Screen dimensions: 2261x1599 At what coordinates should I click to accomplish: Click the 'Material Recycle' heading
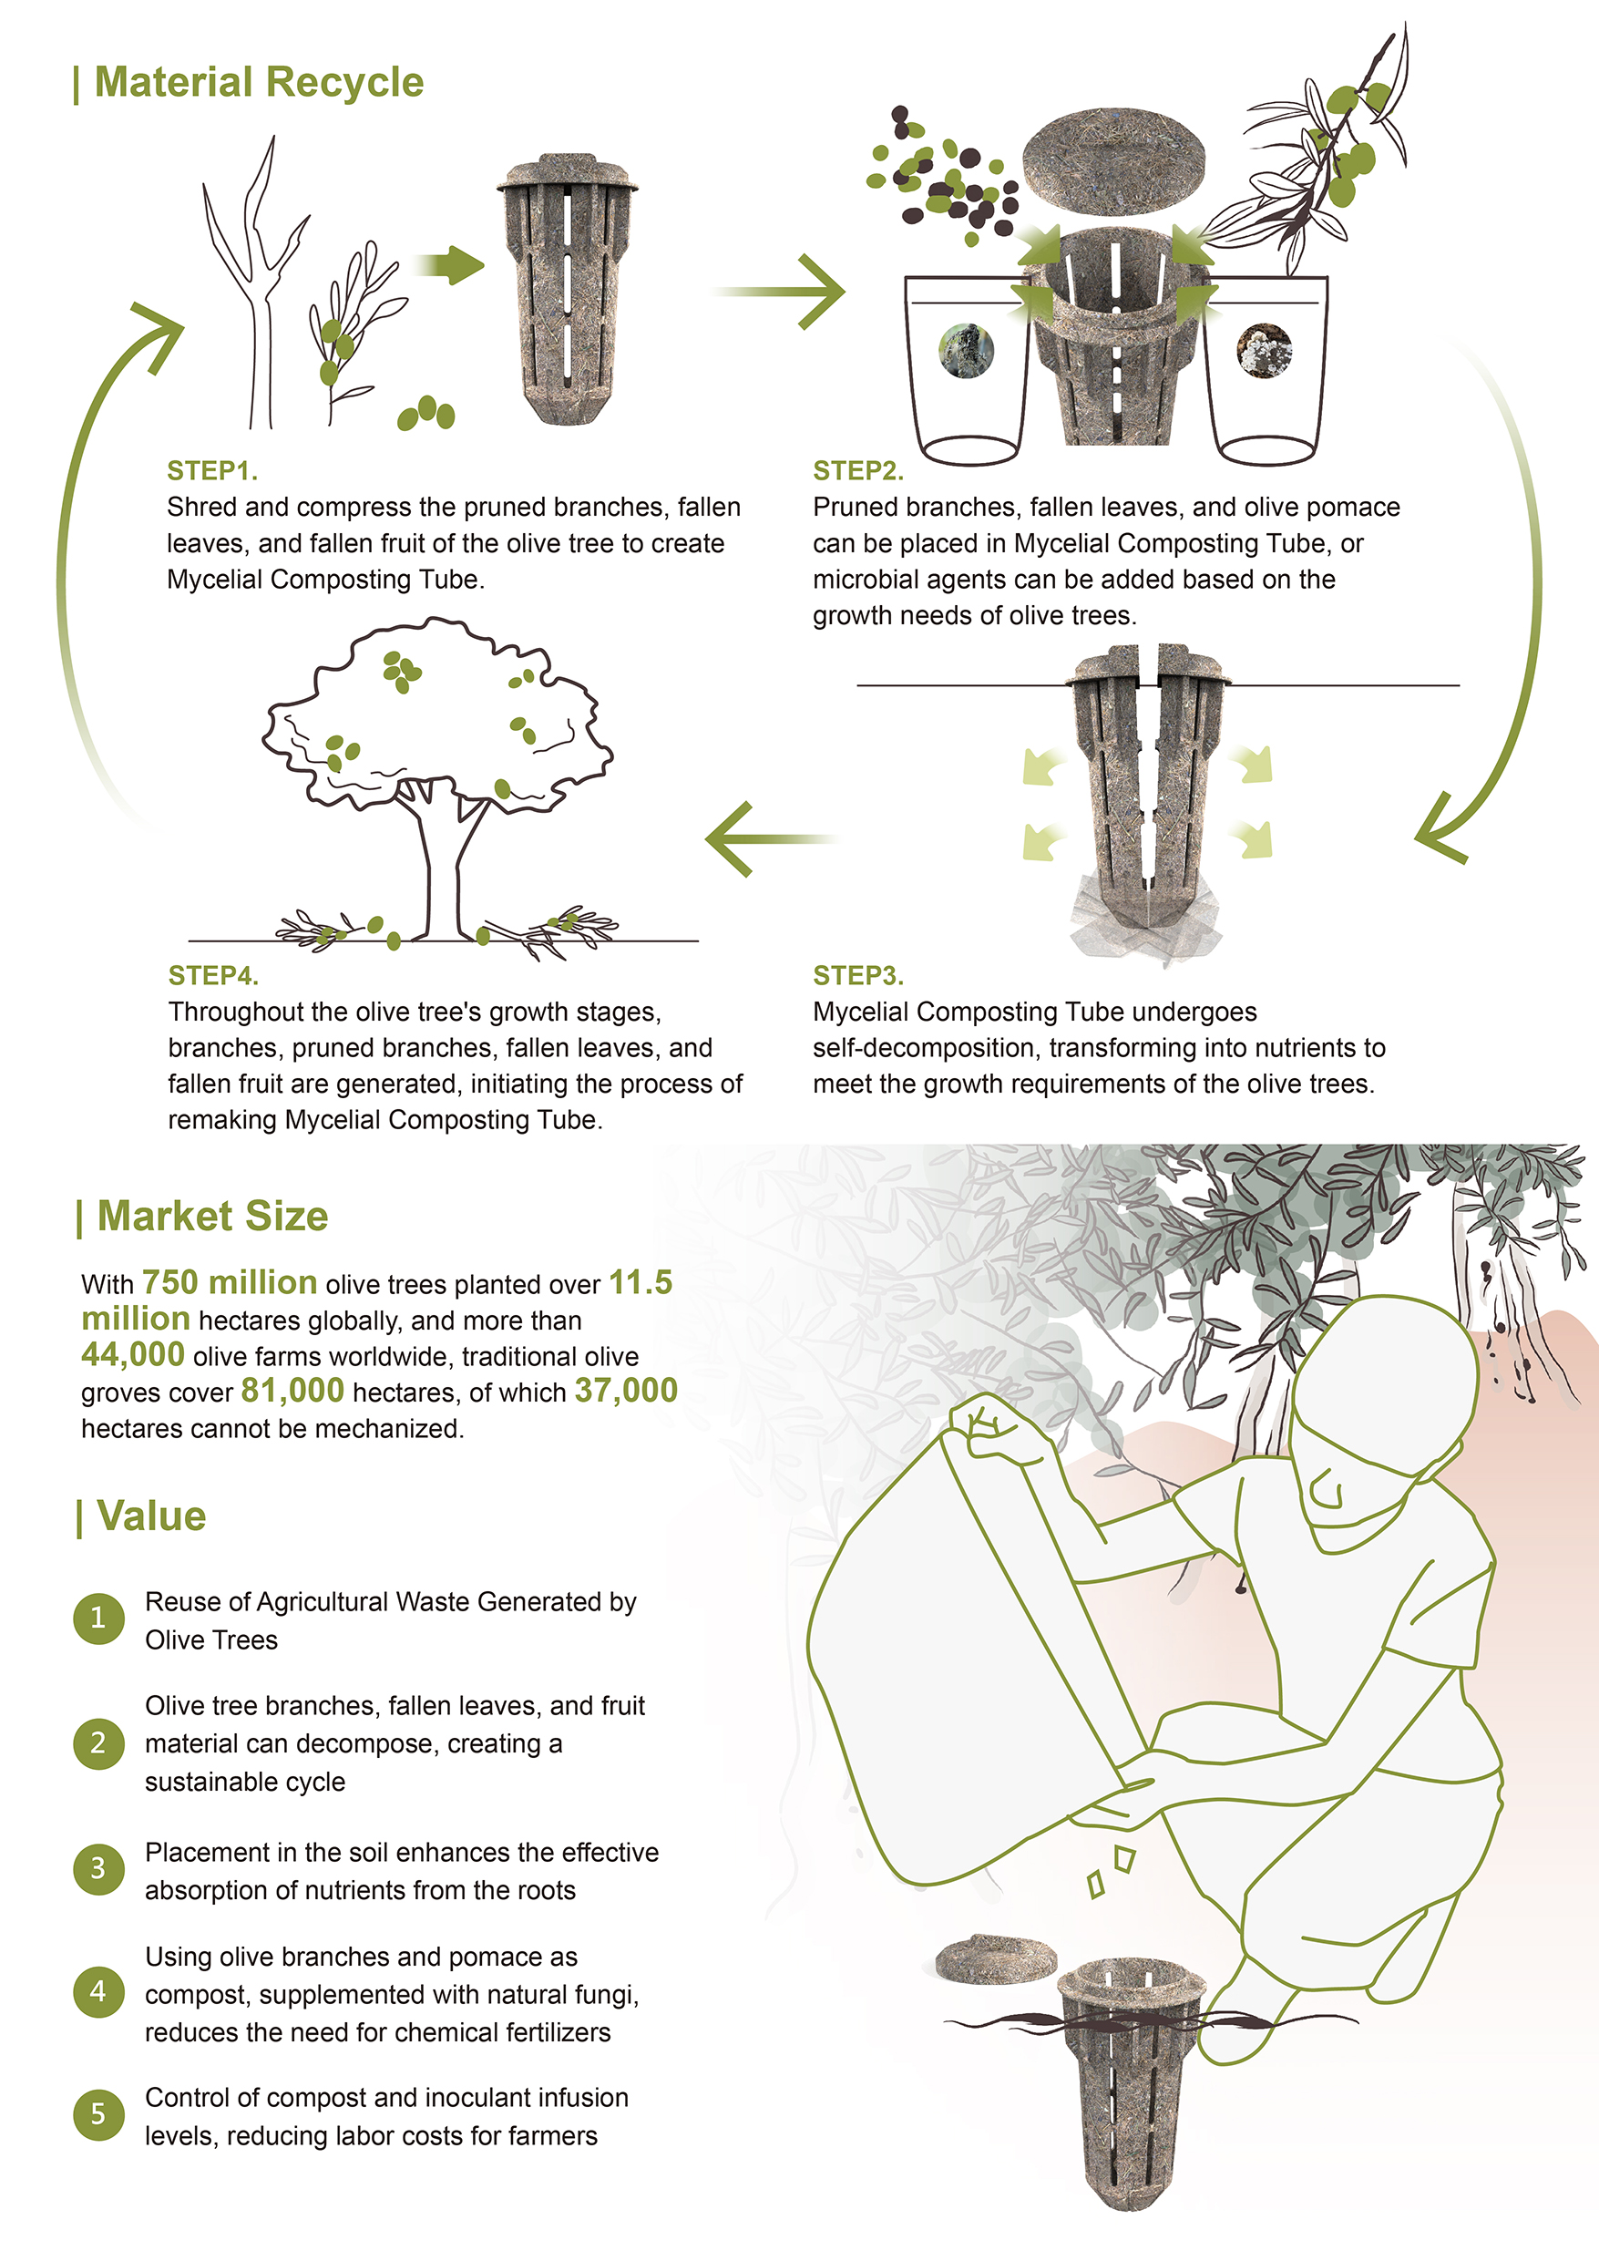(258, 83)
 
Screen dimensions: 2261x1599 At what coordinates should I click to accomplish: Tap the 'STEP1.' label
(211, 471)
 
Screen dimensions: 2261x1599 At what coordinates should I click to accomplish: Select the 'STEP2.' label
(857, 471)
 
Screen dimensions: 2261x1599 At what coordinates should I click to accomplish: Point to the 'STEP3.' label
(857, 976)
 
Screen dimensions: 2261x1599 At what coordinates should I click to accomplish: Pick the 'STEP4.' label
(212, 976)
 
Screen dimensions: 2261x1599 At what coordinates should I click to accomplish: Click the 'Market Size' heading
(211, 1217)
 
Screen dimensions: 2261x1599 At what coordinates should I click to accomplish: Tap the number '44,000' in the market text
(133, 1355)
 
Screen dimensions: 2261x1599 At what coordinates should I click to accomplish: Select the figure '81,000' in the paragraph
(292, 1391)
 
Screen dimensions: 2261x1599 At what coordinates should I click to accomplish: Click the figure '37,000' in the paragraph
(626, 1391)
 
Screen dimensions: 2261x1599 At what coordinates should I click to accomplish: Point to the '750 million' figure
(230, 1283)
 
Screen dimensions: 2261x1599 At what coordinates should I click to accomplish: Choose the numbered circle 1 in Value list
(98, 1618)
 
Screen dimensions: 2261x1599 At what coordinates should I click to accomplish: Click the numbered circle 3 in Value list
(98, 1868)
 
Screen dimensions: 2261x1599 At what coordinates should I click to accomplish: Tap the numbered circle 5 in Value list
(98, 2113)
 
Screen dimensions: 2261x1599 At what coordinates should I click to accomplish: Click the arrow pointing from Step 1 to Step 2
(783, 292)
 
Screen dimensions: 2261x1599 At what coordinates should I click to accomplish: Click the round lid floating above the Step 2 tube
(1112, 159)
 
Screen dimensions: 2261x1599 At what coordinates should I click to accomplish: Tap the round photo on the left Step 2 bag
(966, 351)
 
